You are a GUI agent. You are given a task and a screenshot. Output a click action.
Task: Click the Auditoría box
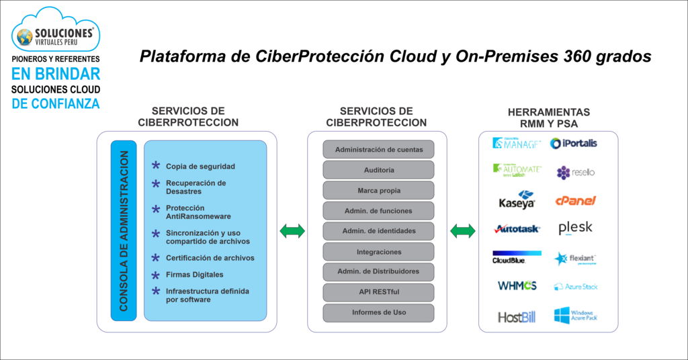(x=378, y=170)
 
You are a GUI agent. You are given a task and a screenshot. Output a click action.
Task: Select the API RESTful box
(x=378, y=292)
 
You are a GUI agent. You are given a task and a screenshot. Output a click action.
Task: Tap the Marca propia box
(x=378, y=190)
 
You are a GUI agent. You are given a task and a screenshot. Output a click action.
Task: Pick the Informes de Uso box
(x=378, y=312)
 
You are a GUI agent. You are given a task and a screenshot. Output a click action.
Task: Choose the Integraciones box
(x=378, y=252)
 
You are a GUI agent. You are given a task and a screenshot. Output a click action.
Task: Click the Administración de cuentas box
(x=378, y=149)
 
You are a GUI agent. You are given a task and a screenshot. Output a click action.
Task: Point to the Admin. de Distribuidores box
(x=378, y=271)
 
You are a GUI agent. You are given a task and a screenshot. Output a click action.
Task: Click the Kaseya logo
(x=517, y=199)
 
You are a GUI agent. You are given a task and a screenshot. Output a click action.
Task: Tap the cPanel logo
(x=575, y=200)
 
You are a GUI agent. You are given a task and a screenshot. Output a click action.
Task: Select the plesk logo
(x=575, y=228)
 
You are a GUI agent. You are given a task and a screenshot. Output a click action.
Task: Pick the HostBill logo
(x=517, y=317)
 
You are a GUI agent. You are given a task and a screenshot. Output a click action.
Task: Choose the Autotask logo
(x=517, y=229)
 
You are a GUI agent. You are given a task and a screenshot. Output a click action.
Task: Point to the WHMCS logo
(x=517, y=285)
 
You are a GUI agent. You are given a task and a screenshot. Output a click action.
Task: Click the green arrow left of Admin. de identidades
(x=292, y=231)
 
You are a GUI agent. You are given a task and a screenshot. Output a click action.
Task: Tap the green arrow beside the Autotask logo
(x=463, y=231)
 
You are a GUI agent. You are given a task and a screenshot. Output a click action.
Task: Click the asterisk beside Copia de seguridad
(x=156, y=166)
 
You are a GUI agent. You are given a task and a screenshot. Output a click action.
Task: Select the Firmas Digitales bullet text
(x=195, y=275)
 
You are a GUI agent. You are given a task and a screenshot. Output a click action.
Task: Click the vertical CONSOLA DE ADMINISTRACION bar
(x=124, y=230)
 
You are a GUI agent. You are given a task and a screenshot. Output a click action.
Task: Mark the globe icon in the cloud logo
(x=25, y=36)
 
